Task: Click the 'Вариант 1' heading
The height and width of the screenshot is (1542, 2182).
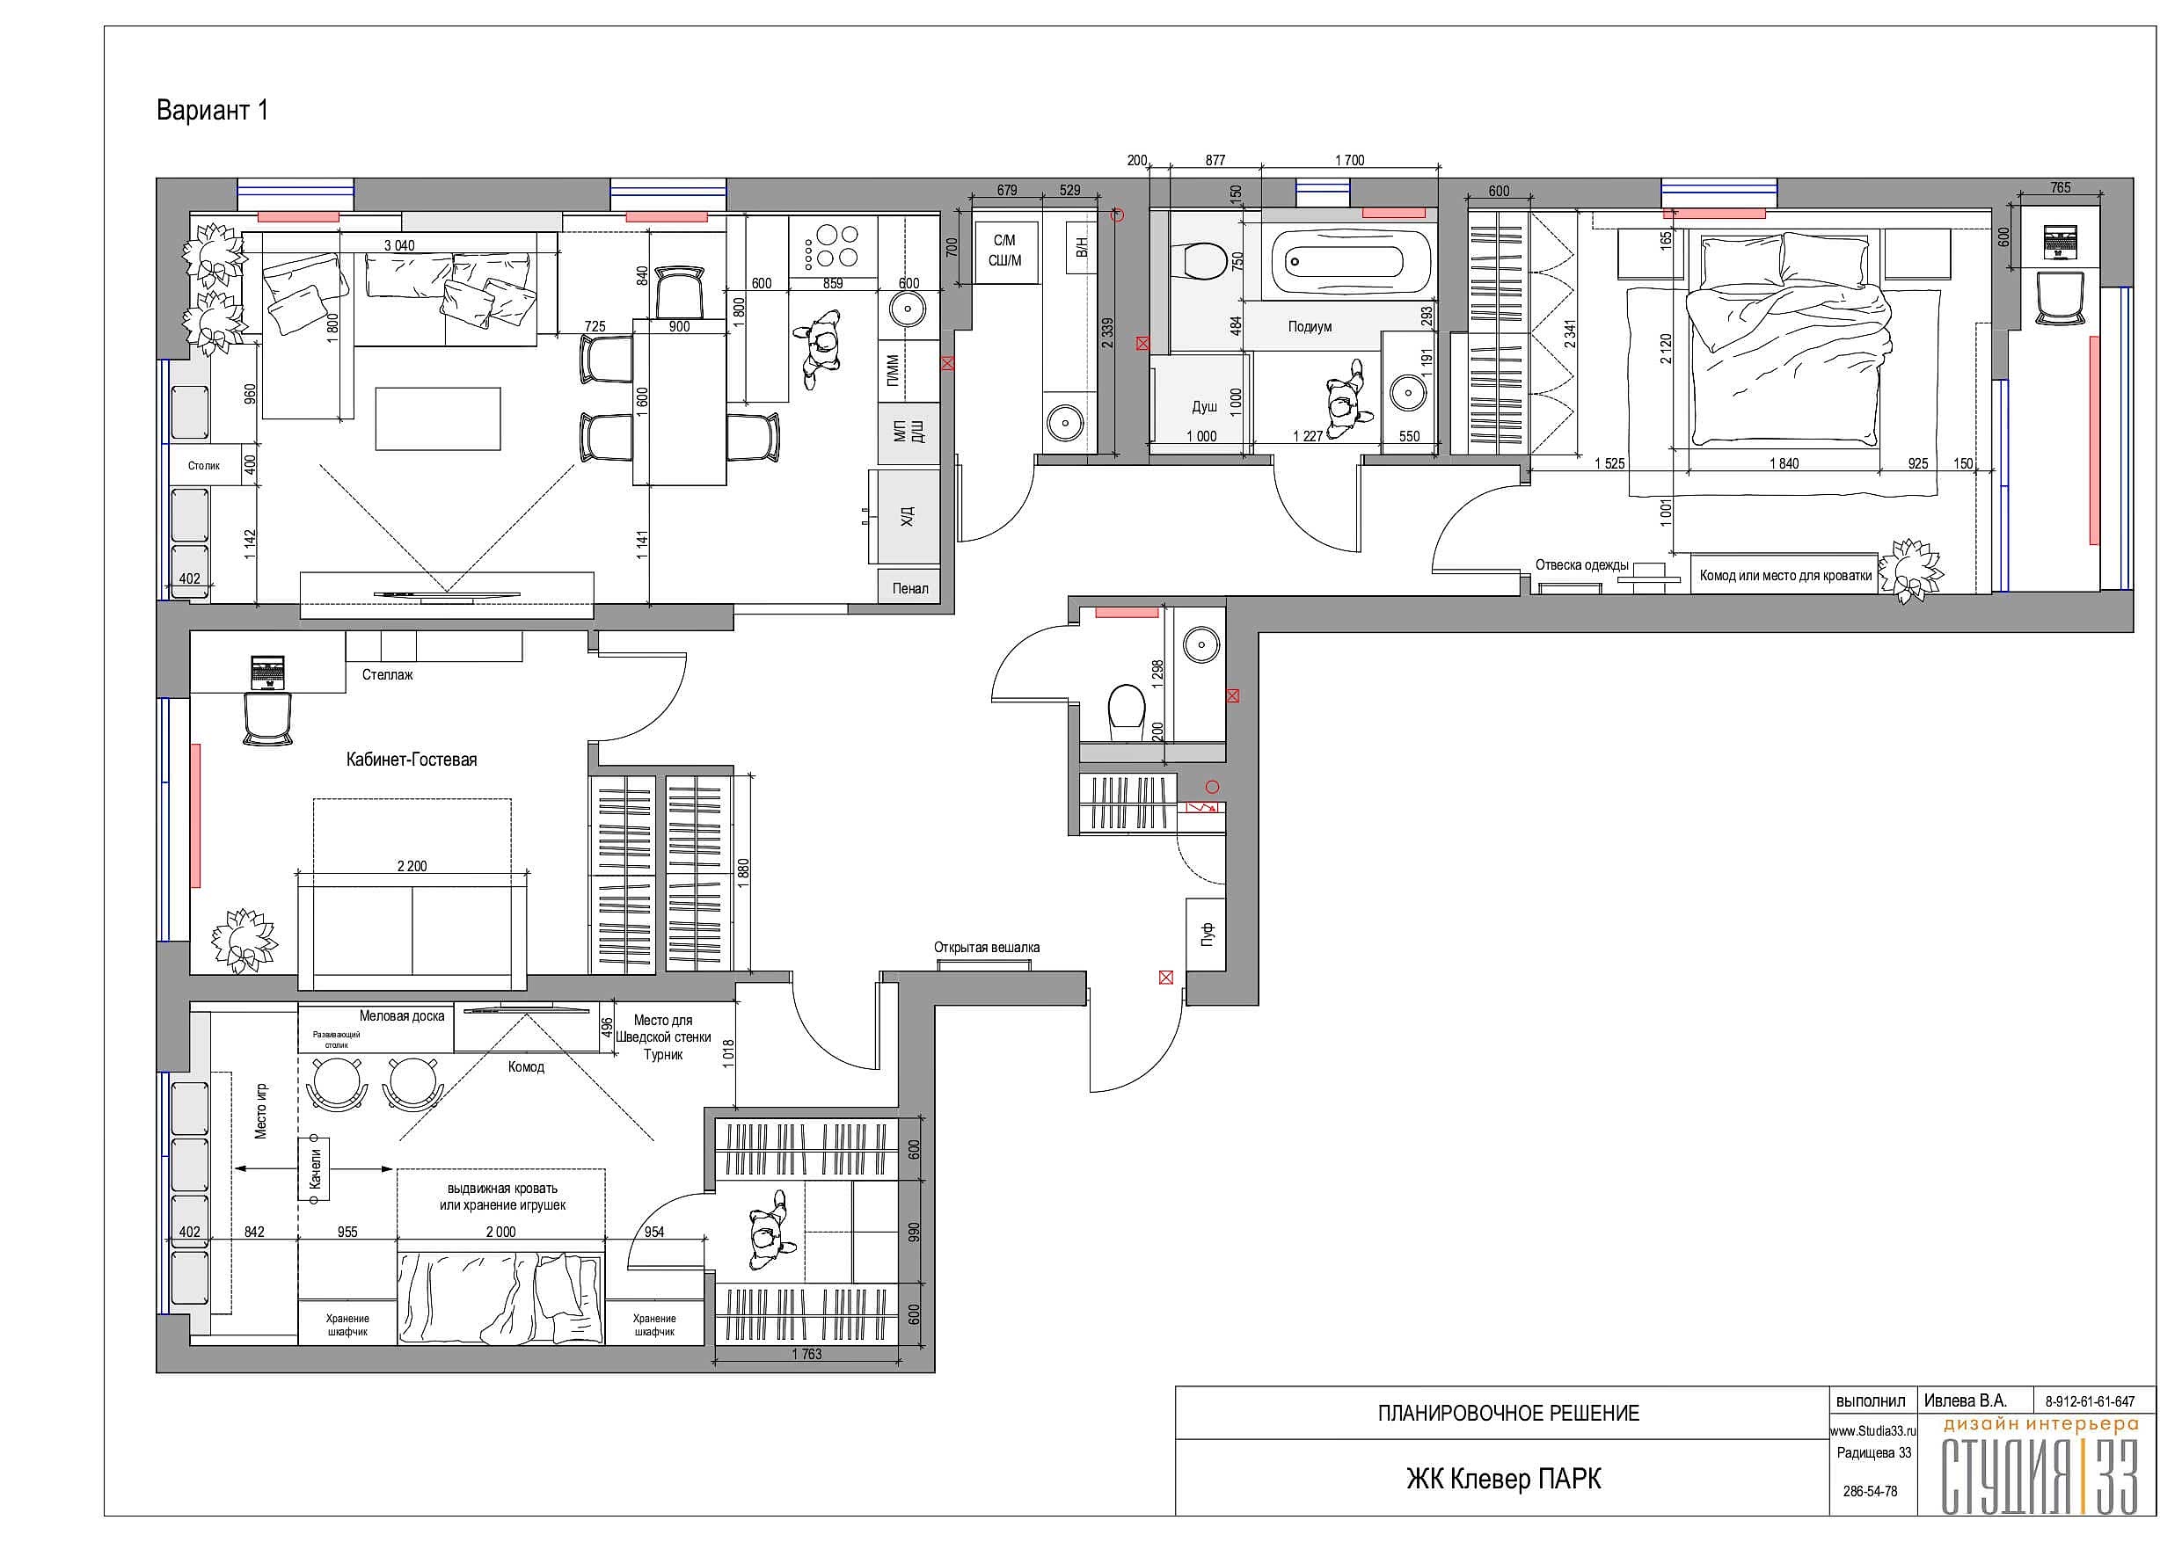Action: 212,110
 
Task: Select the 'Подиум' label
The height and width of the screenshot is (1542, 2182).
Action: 1310,327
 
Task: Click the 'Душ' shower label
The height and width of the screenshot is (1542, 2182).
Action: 1204,407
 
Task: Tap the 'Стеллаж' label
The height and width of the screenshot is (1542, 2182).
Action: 388,675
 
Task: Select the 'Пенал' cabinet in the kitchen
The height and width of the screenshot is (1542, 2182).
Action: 909,588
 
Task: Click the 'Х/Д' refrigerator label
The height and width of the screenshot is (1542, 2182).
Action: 907,517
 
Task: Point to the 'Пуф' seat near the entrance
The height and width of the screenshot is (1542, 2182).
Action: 1207,934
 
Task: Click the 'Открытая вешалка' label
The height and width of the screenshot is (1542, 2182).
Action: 987,947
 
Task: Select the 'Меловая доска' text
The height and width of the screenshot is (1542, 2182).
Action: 402,1015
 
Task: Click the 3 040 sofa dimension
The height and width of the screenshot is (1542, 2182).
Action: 399,245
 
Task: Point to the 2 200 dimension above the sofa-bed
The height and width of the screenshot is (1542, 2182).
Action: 412,866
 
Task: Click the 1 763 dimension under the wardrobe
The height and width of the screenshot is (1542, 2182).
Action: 806,1354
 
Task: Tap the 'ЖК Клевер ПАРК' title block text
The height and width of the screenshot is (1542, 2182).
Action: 1503,1480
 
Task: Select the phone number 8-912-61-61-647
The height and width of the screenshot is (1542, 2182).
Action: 2090,1401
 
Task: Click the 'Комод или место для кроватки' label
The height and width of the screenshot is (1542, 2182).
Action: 1785,575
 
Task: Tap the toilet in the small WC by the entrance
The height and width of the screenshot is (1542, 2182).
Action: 1127,709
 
